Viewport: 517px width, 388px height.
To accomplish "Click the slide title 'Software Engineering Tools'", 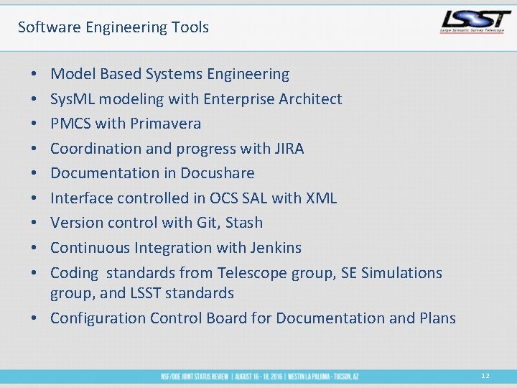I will click(113, 27).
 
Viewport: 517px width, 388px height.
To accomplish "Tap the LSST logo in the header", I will click(475, 22).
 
